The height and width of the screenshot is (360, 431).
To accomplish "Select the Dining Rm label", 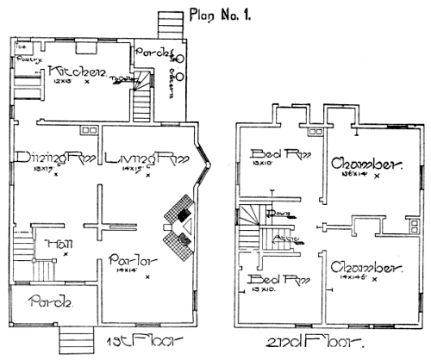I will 54,158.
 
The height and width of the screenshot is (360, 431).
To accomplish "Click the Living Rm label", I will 143,158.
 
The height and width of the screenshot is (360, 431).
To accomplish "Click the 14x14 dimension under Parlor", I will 130,272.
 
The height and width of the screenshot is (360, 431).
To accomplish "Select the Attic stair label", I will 284,237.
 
